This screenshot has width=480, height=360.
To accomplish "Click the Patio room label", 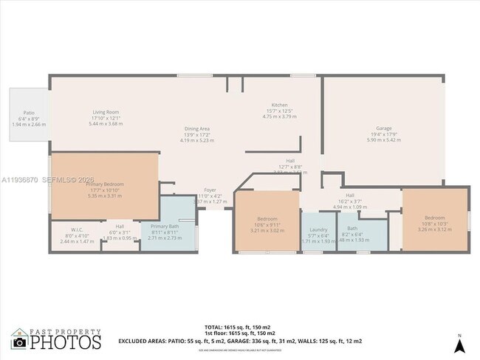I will click(x=28, y=113).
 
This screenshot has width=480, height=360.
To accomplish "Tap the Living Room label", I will click(x=105, y=111).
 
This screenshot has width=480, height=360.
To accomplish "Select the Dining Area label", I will click(x=197, y=128).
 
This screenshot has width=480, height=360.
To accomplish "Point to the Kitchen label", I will click(x=279, y=105).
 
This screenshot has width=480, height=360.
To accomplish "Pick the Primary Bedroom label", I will click(x=104, y=184).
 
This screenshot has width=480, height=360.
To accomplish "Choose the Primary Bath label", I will click(x=165, y=226).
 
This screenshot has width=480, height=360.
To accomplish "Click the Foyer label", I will click(x=210, y=189).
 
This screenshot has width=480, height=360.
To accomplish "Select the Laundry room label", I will click(x=319, y=229).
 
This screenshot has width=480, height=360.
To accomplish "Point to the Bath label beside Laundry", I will click(x=352, y=228).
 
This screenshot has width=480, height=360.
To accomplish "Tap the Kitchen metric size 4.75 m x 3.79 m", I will click(x=279, y=117).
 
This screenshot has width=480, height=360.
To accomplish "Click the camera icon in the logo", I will click(x=19, y=342).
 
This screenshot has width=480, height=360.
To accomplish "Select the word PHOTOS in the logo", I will click(x=66, y=342).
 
